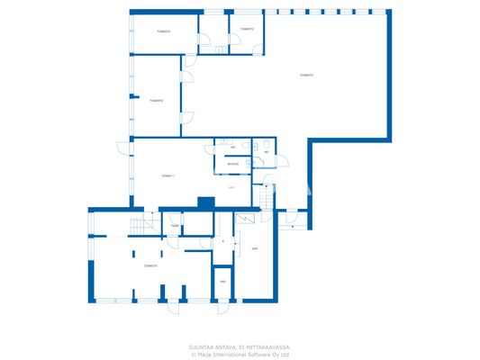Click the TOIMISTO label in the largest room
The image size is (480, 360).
[306, 75]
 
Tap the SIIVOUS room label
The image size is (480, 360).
[232, 164]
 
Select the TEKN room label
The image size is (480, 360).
[174, 226]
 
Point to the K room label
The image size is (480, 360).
[222, 240]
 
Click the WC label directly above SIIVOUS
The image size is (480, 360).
[233, 147]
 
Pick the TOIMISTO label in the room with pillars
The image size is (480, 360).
[150, 265]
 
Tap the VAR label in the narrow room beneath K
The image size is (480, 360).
[222, 281]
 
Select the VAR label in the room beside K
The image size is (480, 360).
[255, 248]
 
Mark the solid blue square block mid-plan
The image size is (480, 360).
[205, 203]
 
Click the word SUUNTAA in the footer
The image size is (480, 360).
[202, 346]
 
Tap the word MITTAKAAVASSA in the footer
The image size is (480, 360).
[268, 346]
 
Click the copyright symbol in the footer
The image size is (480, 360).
[193, 354]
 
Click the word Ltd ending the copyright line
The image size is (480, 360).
[285, 354]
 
